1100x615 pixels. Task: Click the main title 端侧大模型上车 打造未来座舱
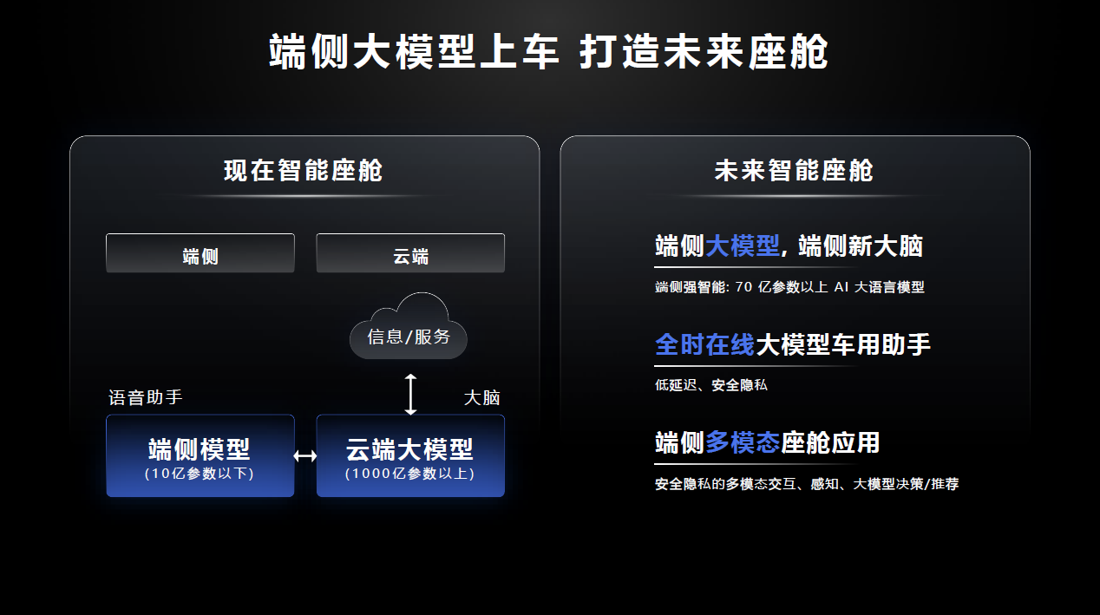pyautogui.click(x=548, y=51)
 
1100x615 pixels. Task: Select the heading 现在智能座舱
pyautogui.click(x=303, y=171)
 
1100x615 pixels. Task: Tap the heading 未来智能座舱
pyautogui.click(x=794, y=171)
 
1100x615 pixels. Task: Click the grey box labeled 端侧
pyautogui.click(x=200, y=253)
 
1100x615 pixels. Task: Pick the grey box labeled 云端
pyautogui.click(x=410, y=253)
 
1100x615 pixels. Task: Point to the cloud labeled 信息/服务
pyautogui.click(x=409, y=326)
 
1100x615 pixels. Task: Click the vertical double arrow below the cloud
pyautogui.click(x=410, y=395)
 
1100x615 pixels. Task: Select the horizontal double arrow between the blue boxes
pyautogui.click(x=305, y=456)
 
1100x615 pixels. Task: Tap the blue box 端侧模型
pyautogui.click(x=200, y=456)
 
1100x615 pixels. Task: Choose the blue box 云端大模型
pyautogui.click(x=410, y=456)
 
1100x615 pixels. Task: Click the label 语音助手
pyautogui.click(x=146, y=397)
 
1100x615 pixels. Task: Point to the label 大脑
pyautogui.click(x=481, y=398)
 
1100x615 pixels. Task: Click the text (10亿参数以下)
pyautogui.click(x=200, y=474)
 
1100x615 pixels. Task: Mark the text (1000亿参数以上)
pyautogui.click(x=410, y=474)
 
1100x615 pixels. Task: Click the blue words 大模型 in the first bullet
pyautogui.click(x=742, y=246)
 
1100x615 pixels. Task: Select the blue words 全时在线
pyautogui.click(x=704, y=344)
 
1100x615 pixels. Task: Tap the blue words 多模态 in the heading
pyautogui.click(x=743, y=442)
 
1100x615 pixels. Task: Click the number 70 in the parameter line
pyautogui.click(x=743, y=287)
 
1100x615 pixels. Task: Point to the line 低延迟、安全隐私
pyautogui.click(x=711, y=385)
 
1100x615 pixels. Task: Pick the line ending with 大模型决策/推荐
pyautogui.click(x=807, y=484)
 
